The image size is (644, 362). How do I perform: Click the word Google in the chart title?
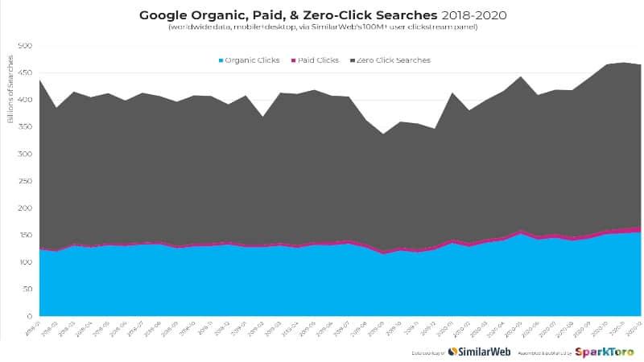(164, 15)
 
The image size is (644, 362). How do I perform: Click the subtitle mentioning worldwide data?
(323, 27)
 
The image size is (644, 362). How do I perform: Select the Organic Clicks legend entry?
(250, 60)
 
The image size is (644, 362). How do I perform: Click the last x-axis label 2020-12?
(634, 325)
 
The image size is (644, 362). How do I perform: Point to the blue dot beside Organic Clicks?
(221, 60)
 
